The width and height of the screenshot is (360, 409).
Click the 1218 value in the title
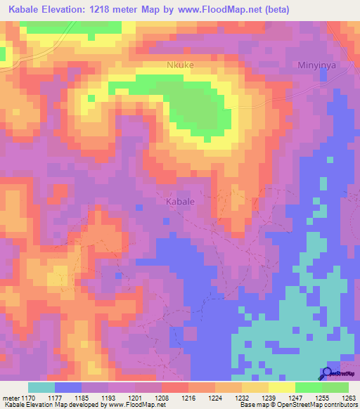click(123, 10)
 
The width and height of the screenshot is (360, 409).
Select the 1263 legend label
click(349, 397)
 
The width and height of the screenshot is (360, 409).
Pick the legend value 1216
click(188, 397)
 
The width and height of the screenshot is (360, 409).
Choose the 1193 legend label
click(108, 397)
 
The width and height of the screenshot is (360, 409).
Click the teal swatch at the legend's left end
click(41, 387)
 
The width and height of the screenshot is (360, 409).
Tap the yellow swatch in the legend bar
click(281, 387)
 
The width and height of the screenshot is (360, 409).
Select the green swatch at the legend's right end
click(335, 387)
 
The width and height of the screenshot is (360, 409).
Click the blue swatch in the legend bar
click(68, 387)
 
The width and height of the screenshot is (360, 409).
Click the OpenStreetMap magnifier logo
click(327, 374)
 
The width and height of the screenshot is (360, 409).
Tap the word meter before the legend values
click(10, 397)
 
